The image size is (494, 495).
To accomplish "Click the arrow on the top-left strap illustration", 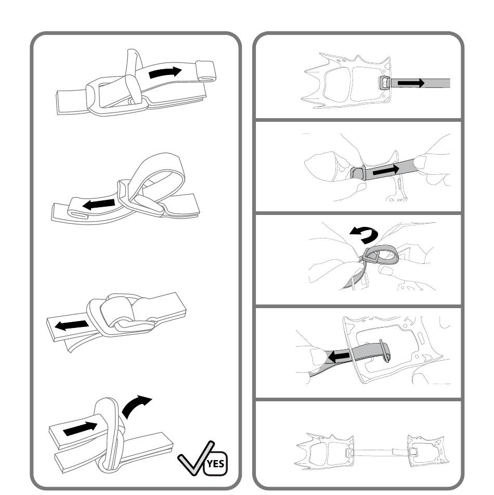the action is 165,72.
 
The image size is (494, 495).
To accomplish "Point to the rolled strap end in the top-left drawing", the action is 205,71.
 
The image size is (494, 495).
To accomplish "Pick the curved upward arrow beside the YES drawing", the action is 136,407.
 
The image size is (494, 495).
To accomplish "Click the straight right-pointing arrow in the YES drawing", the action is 81,428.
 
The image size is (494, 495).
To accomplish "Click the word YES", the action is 216,464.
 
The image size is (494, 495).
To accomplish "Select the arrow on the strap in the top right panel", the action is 411,83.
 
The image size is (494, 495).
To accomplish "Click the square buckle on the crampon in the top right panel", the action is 384,83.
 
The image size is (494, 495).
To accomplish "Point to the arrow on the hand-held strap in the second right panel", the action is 386,171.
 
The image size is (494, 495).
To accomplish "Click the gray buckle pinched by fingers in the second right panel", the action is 358,174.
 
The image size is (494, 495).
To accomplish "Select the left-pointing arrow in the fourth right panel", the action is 338,357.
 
